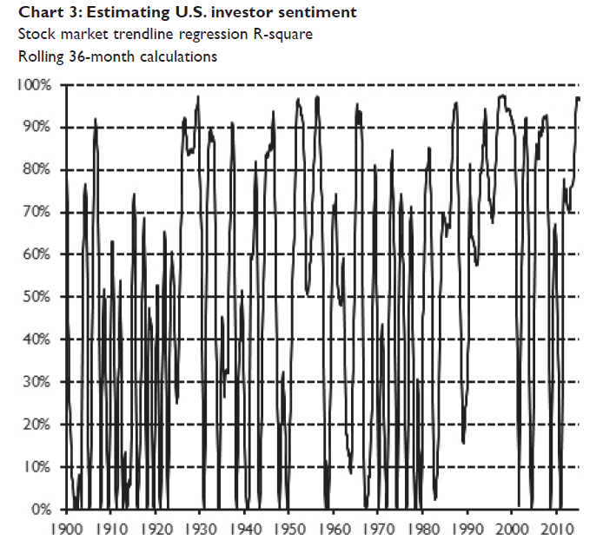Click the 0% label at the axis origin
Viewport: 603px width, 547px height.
[x=42, y=510]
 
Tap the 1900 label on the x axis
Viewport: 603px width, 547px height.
[x=68, y=528]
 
